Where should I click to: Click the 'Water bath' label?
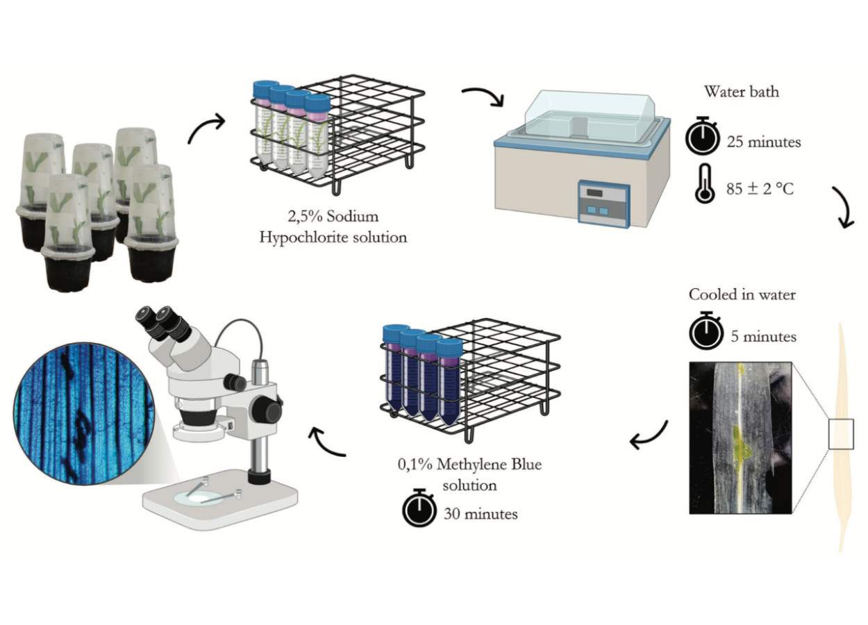point(742,92)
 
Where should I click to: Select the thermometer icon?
point(705,183)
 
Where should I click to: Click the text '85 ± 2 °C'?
point(760,189)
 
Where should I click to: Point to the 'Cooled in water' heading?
point(742,294)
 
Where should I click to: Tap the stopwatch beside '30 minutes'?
point(419,508)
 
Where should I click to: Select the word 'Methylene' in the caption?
point(471,464)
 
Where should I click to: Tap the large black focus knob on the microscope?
point(266,410)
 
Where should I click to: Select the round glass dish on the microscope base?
point(199,498)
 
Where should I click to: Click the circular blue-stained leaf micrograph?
point(84,413)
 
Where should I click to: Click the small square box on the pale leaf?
point(841,434)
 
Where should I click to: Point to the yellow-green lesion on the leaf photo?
point(740,444)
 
